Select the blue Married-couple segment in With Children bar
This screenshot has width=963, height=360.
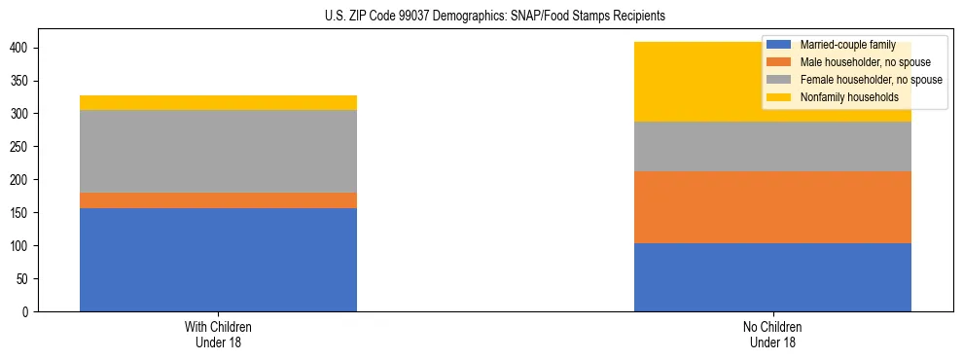[x=218, y=260]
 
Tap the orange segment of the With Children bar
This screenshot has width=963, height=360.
[x=218, y=200]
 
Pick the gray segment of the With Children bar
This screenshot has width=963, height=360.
[x=218, y=151]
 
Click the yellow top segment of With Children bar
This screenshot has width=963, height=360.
[x=218, y=102]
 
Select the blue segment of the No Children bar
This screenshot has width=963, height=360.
[x=772, y=277]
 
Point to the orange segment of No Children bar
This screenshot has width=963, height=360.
[x=772, y=207]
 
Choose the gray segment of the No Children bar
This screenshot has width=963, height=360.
[x=772, y=146]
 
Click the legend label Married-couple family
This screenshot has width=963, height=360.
[x=847, y=45]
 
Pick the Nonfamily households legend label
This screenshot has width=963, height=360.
[x=848, y=97]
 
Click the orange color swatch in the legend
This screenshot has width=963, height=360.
[x=778, y=62]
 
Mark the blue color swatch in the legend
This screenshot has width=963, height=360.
[x=778, y=45]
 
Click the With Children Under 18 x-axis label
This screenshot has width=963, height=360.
[x=218, y=334]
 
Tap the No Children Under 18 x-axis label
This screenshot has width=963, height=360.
[x=772, y=334]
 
